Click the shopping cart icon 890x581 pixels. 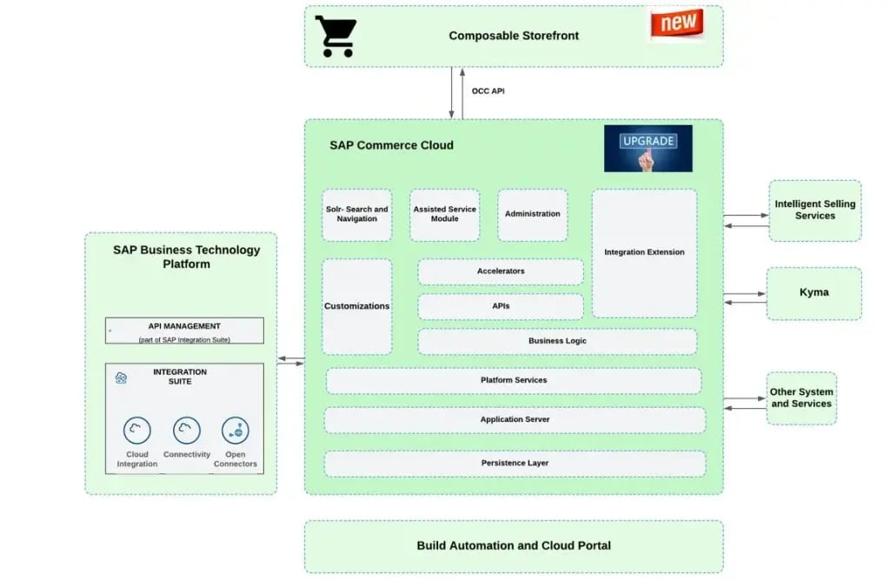pos(335,36)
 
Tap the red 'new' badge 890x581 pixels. pos(676,23)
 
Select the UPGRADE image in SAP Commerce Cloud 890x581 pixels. pos(648,148)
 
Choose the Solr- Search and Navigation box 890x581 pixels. pos(356,215)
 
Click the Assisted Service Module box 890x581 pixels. pos(444,215)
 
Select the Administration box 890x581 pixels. pos(532,215)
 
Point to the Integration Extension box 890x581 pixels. pos(644,253)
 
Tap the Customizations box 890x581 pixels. pos(356,306)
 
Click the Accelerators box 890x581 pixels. pos(501,271)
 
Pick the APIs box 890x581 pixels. pos(501,306)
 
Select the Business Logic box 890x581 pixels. pos(557,341)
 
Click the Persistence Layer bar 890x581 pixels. pos(515,464)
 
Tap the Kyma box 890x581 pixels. pos(814,293)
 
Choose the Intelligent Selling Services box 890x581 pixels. pos(814,210)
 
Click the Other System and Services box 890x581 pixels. pos(800,398)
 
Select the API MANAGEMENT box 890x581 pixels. pos(184,331)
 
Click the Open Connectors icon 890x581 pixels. pos(235,430)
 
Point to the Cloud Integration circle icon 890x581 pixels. pos(136,430)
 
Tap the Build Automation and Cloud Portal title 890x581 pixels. pos(514,546)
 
